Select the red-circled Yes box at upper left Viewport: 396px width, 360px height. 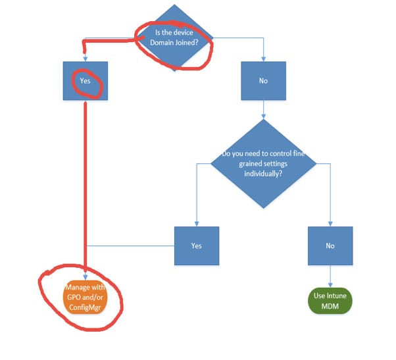(86, 81)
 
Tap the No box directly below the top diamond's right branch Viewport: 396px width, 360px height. (263, 81)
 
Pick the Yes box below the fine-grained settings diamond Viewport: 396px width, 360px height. (196, 245)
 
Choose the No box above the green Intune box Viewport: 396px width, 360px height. (330, 245)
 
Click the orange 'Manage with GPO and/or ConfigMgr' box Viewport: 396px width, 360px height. (86, 296)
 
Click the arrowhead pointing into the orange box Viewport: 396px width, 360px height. (86, 277)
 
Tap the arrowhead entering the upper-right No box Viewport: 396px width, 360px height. (263, 59)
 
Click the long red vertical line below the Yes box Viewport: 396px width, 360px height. (86, 184)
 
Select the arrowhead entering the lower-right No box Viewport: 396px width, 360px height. (330, 224)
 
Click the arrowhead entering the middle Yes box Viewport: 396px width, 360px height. (196, 224)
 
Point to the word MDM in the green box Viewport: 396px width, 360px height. (330, 306)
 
